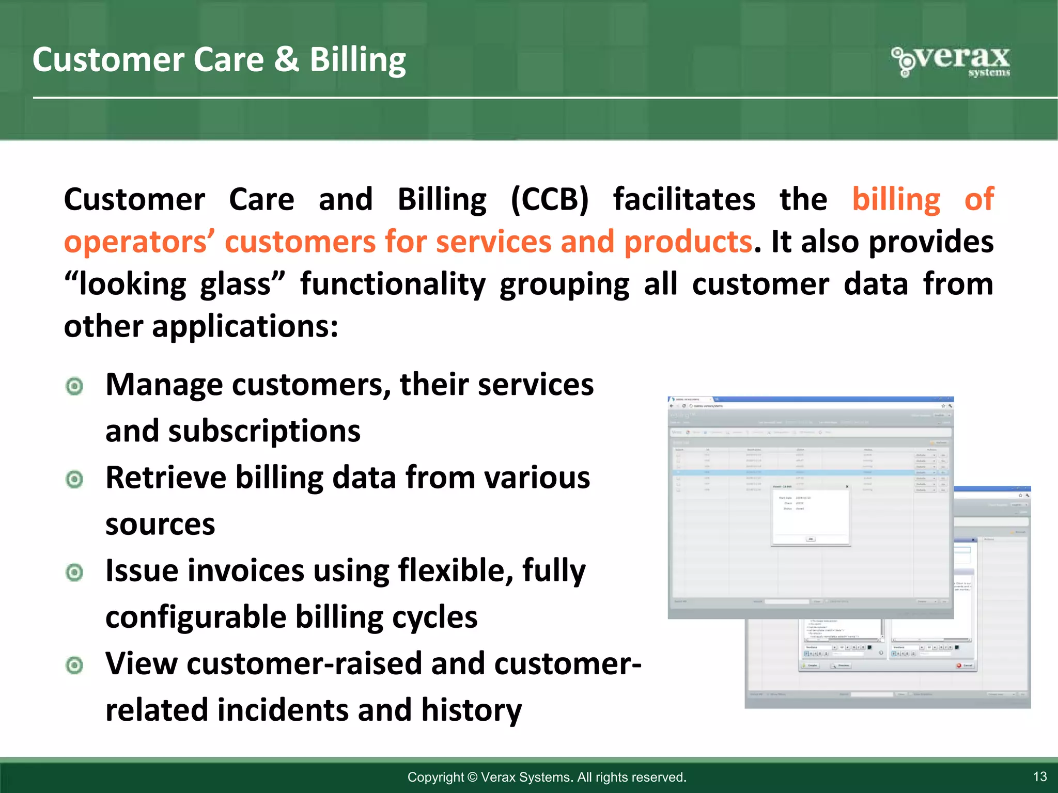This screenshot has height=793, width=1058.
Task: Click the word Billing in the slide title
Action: coord(357,60)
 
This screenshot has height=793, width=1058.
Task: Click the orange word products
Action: coord(688,242)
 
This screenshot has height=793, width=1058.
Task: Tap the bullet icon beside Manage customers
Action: coord(75,386)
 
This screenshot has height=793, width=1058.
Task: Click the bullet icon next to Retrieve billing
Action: coord(75,479)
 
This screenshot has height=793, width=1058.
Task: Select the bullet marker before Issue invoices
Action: coord(75,572)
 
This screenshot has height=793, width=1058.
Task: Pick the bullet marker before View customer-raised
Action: coord(75,665)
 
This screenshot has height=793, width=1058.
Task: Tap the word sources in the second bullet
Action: coord(160,525)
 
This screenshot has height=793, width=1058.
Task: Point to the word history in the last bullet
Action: coord(471,710)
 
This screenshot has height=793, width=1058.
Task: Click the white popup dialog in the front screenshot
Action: coord(810,516)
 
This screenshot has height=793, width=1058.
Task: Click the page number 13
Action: coord(1039,776)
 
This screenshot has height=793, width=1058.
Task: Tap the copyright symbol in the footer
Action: coord(472,777)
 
